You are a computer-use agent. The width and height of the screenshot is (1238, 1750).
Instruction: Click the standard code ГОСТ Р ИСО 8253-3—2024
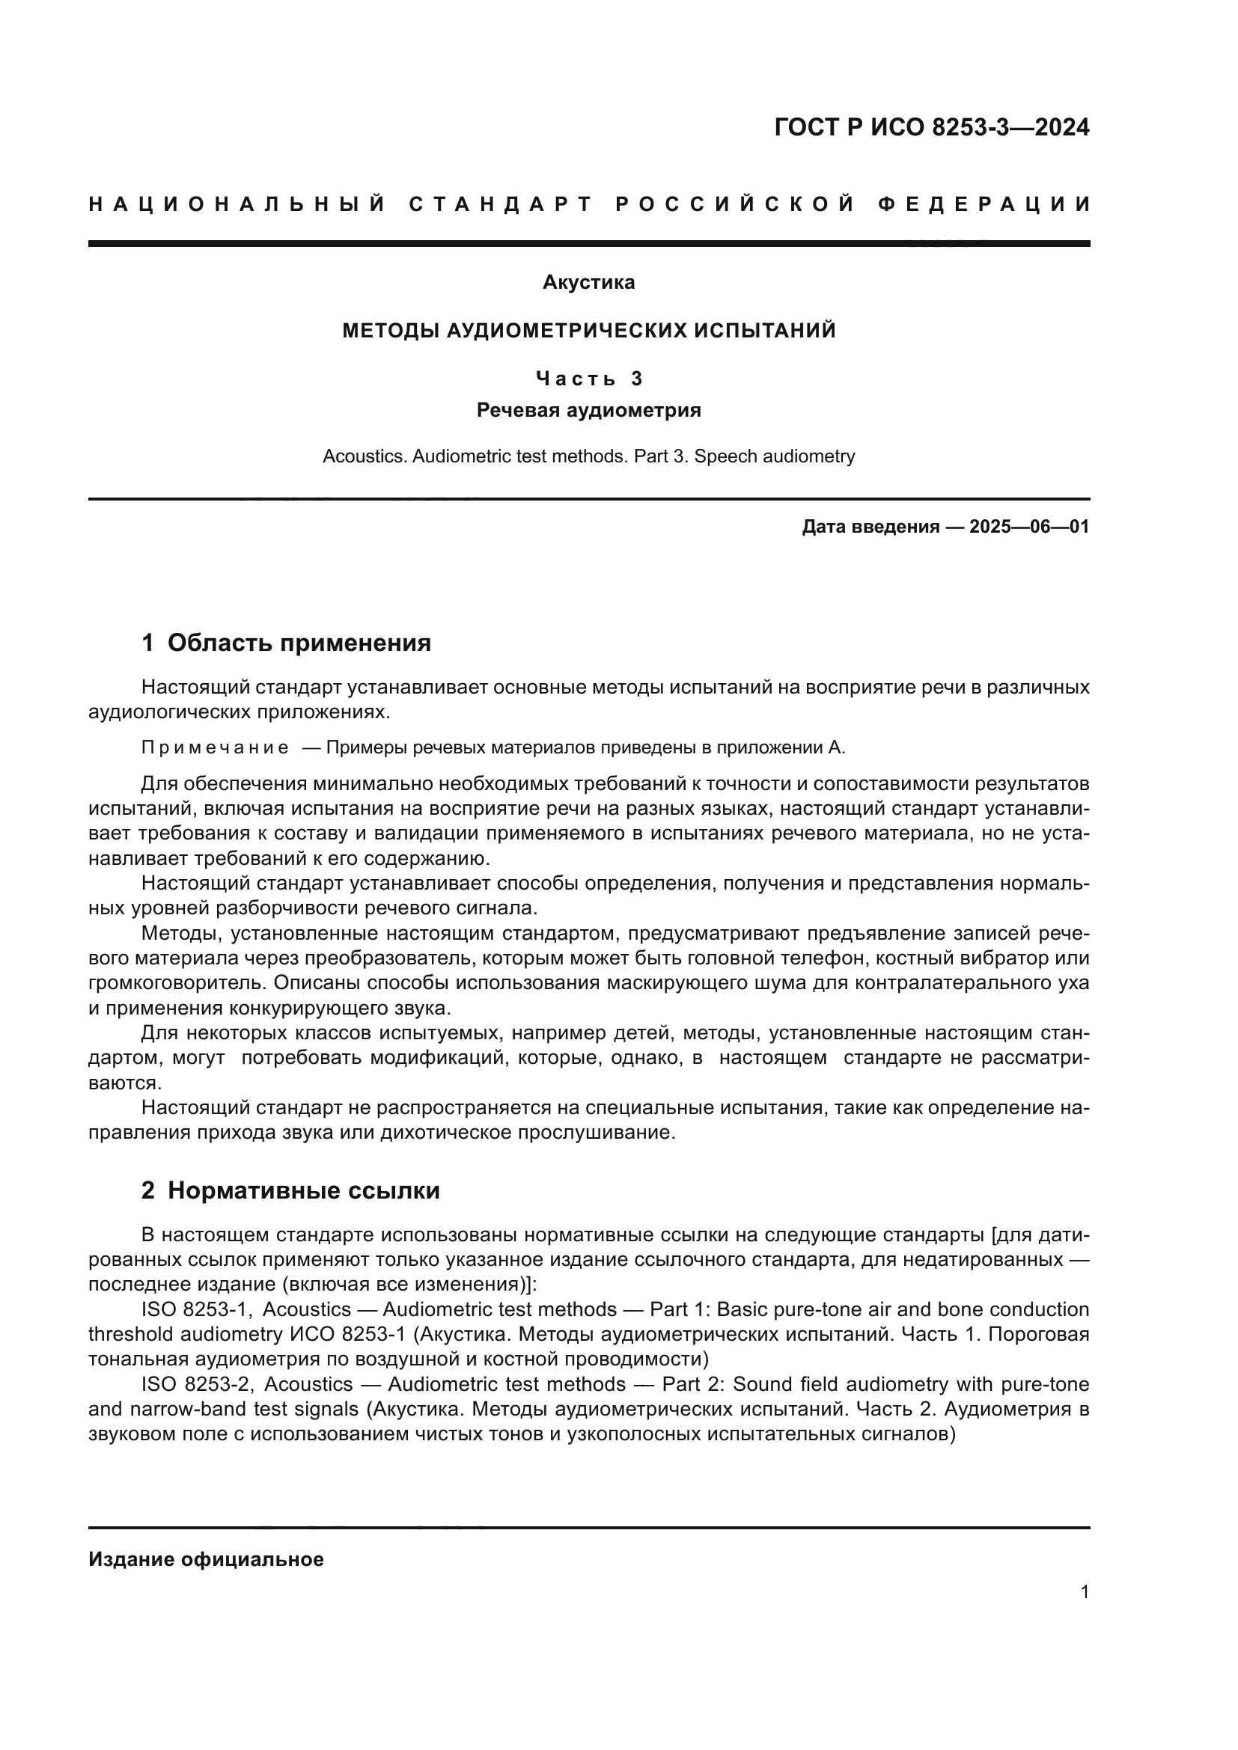coord(932,127)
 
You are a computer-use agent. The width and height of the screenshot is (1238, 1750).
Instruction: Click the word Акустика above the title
coord(588,282)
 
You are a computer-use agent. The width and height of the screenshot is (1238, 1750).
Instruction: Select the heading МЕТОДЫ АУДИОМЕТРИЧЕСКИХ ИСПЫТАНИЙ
coord(588,331)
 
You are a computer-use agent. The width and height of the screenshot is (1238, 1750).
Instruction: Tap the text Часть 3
coord(589,379)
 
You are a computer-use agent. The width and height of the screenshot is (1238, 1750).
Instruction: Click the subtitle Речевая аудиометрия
coord(588,410)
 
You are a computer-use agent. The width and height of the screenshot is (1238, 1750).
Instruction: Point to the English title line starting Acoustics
coord(588,456)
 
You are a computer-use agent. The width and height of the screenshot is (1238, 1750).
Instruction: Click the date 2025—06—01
coord(1029,527)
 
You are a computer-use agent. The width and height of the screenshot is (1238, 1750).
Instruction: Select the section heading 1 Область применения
coord(286,643)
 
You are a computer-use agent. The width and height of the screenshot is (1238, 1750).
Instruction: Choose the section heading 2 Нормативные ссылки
coord(290,1190)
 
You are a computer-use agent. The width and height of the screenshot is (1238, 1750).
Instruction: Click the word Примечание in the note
coord(215,747)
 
